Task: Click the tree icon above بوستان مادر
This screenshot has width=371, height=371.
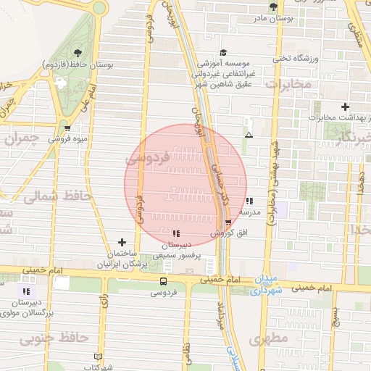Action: tap(273, 7)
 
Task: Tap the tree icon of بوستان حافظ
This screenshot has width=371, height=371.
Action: tap(77, 53)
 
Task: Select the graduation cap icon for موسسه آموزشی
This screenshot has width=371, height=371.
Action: tap(223, 53)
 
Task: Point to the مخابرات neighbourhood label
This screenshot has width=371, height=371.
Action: tap(288, 85)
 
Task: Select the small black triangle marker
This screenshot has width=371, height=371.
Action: tap(249, 135)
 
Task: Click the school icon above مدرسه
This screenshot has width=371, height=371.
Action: tap(249, 201)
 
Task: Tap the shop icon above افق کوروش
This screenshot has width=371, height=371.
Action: tap(229, 222)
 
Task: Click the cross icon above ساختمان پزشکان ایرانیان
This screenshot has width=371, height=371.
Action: tap(122, 242)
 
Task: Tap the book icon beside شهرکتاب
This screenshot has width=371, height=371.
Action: tap(99, 357)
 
